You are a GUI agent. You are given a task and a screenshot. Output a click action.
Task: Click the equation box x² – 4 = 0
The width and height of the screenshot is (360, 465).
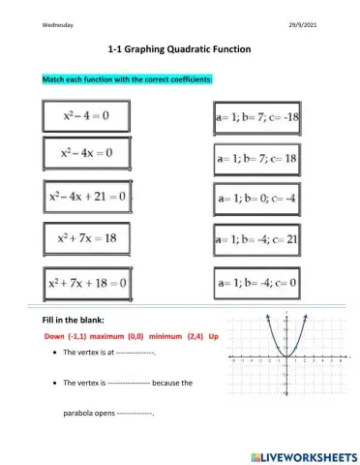click(85, 117)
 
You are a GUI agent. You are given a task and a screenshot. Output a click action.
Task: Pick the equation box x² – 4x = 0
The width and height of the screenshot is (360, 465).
click(86, 153)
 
